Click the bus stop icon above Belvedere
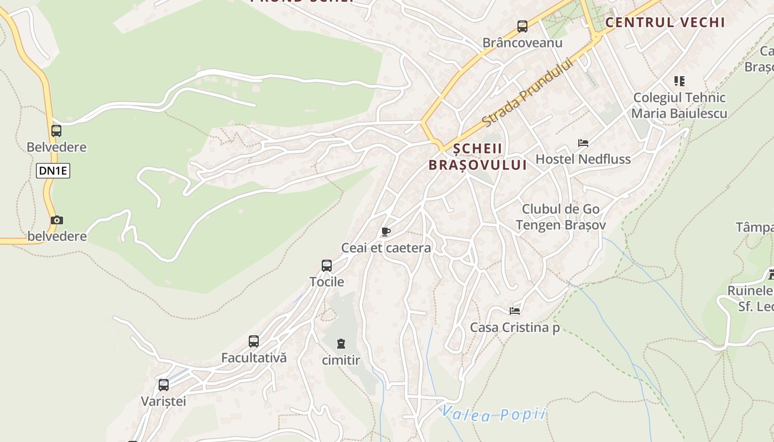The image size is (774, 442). pos(56,131)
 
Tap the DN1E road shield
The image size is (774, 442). pos(53,171)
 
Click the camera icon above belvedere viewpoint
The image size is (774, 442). pos(56,220)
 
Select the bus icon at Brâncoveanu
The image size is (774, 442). pos(522,26)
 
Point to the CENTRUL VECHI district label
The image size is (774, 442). pos(665,23)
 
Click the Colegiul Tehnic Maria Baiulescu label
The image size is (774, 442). pos(679,106)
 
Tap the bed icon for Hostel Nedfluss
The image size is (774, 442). pos(583,143)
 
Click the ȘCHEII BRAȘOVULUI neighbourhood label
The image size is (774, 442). pos(478,156)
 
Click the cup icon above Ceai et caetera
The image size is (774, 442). pos(385,231)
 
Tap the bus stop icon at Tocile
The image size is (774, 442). pos(327,266)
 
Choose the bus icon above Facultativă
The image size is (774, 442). pos(254,341)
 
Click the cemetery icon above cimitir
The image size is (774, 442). pos(341,344)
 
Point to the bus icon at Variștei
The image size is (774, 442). pos(163,385)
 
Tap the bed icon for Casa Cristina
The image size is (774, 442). pos(515,311)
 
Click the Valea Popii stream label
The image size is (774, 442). pos(493,414)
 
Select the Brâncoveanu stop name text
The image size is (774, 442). pos(522,43)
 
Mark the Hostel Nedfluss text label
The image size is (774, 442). pos(583,160)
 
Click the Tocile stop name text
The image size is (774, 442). pos(327,282)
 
